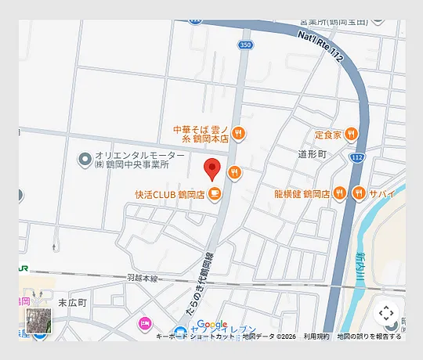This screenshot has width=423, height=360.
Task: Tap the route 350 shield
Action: (245, 45)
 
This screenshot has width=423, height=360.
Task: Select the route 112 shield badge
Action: (357, 157)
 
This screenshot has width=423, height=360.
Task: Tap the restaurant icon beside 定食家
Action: (352, 134)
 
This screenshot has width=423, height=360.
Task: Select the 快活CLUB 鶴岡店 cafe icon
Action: (214, 194)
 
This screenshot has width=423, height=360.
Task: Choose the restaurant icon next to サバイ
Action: (359, 193)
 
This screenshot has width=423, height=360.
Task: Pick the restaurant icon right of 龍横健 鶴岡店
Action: (340, 193)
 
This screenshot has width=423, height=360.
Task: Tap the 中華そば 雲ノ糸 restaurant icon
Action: (239, 133)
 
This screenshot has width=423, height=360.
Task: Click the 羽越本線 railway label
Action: (142, 278)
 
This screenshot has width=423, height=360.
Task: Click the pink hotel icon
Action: (144, 322)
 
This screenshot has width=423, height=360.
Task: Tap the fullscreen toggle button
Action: (385, 314)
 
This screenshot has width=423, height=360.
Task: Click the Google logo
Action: (211, 325)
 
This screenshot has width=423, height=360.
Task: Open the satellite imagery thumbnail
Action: (38, 321)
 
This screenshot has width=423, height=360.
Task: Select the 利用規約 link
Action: (316, 337)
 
